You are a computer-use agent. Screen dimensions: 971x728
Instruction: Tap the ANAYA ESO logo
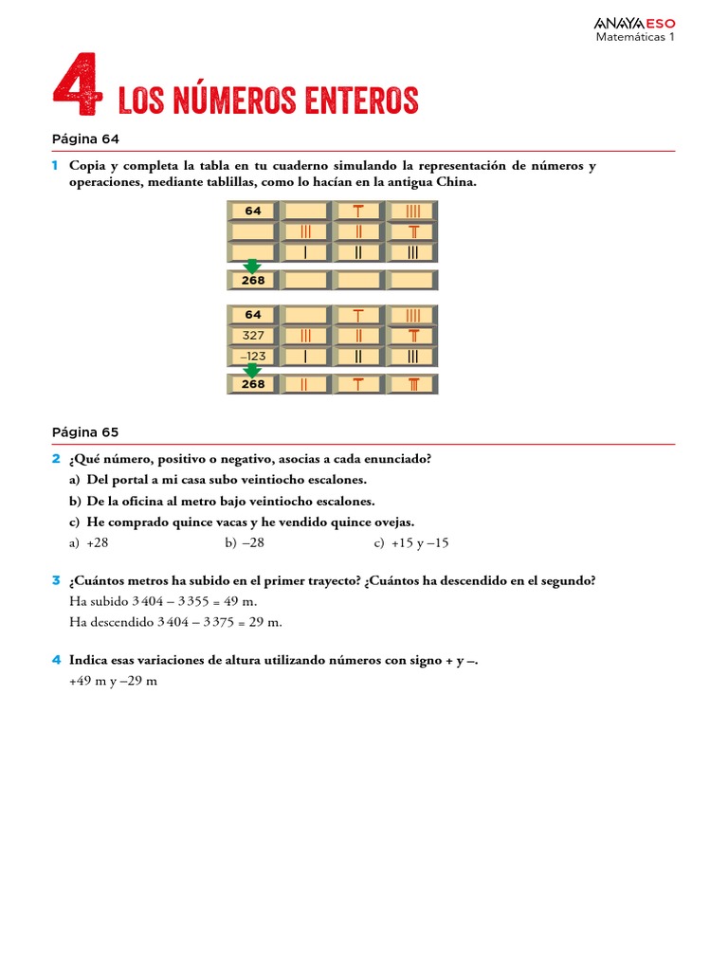click(x=634, y=23)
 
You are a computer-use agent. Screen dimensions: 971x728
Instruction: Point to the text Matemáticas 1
click(x=634, y=38)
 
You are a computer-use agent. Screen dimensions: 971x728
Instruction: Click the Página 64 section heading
click(x=85, y=138)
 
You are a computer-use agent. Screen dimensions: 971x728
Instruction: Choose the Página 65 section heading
click(x=85, y=431)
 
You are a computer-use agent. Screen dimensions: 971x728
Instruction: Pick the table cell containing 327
click(x=252, y=336)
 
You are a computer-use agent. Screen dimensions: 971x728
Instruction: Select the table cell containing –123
click(x=252, y=357)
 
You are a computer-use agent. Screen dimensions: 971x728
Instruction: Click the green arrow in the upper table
click(x=252, y=266)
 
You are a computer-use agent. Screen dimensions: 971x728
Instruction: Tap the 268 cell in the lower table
click(x=252, y=385)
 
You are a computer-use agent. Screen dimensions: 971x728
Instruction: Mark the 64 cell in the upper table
click(x=252, y=211)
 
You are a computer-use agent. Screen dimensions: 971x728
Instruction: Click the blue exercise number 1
click(x=56, y=166)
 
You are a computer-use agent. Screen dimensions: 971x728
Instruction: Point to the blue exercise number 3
click(x=56, y=580)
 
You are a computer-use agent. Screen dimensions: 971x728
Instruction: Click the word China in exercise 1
click(x=457, y=182)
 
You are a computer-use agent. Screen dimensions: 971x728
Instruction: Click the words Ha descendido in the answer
click(x=107, y=622)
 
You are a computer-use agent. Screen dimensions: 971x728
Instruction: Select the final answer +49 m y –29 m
click(x=113, y=681)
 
